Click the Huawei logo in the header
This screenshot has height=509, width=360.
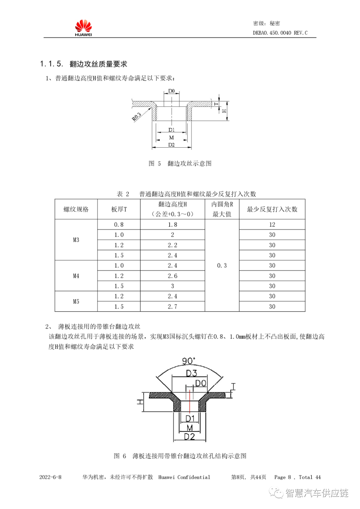pyautogui.click(x=83, y=28)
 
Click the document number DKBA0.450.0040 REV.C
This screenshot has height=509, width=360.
pyautogui.click(x=280, y=33)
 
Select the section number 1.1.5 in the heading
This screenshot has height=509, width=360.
pyautogui.click(x=51, y=64)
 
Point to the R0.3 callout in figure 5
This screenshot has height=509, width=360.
pyautogui.click(x=136, y=117)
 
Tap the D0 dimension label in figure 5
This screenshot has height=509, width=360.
pyautogui.click(x=171, y=91)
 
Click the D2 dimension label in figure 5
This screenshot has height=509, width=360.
pyautogui.click(x=171, y=145)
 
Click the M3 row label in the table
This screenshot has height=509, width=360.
pyautogui.click(x=76, y=240)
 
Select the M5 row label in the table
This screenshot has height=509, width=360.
pyautogui.click(x=76, y=301)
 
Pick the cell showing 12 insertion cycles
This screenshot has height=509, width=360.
pyautogui.click(x=272, y=225)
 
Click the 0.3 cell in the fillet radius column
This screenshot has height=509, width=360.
pyautogui.click(x=222, y=266)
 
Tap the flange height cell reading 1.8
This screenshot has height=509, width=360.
pyautogui.click(x=172, y=225)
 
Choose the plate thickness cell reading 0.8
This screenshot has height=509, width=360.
pyautogui.click(x=119, y=225)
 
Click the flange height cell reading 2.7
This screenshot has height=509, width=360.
pyautogui.click(x=172, y=307)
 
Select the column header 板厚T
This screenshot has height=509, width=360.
pyautogui.click(x=119, y=209)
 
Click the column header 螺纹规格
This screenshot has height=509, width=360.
pyautogui.click(x=76, y=209)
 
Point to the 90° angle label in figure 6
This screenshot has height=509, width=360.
pyautogui.click(x=188, y=361)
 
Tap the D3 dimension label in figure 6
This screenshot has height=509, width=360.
pyautogui.click(x=191, y=373)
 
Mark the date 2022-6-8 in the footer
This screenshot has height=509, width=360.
pyautogui.click(x=50, y=477)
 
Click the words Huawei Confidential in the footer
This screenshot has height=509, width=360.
pyautogui.click(x=184, y=477)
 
